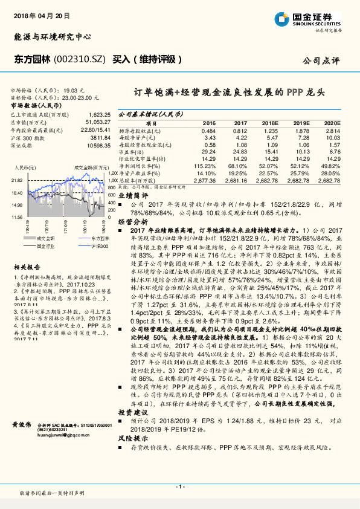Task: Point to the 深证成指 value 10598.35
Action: pos(97,146)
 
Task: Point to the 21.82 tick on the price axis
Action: pos(16,181)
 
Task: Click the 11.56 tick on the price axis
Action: pos(16,216)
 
